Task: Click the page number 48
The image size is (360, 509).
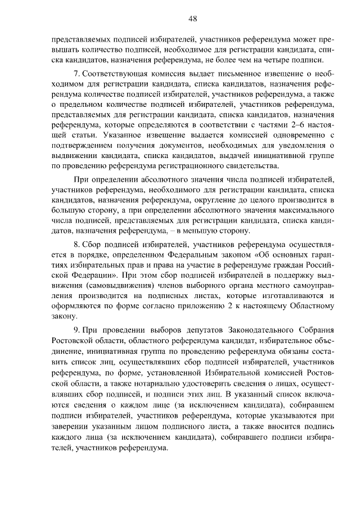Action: tap(193, 19)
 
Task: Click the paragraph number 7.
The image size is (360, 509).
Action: tap(76, 75)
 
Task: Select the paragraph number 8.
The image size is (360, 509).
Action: tap(76, 246)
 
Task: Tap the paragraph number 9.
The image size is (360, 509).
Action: tap(76, 329)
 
